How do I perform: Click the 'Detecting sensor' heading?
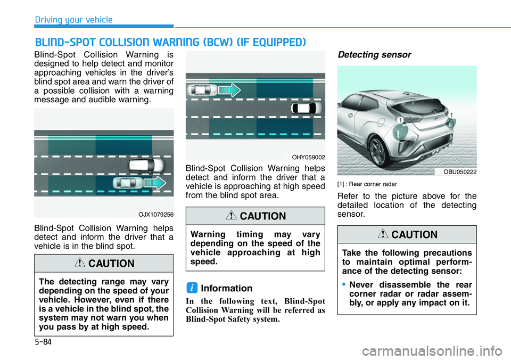tap(374, 55)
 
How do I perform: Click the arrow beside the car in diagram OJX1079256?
tap(155, 185)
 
